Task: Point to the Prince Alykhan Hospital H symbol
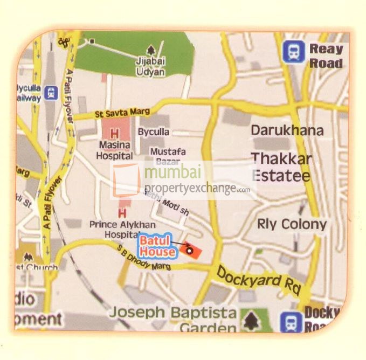(122, 213)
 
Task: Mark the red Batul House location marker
(190, 249)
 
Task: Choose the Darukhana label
(287, 130)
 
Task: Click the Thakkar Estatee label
(281, 167)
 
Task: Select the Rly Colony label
(292, 224)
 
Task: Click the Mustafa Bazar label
(168, 156)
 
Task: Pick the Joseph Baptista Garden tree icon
(250, 321)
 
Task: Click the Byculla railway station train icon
(51, 93)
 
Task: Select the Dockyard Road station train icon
(292, 322)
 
